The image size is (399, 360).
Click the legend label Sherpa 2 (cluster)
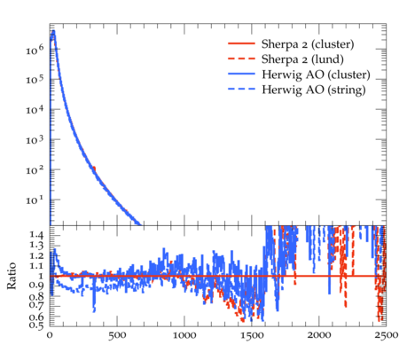click(308, 44)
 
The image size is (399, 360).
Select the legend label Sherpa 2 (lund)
click(302, 59)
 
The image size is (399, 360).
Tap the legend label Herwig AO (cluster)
click(316, 74)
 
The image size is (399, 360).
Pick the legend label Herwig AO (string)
click(314, 90)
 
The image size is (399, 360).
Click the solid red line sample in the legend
click(241, 43)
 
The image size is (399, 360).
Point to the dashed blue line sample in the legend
click(241, 89)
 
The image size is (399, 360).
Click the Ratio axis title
click(12, 276)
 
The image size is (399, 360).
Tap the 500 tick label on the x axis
click(117, 336)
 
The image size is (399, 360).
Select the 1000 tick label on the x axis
click(184, 336)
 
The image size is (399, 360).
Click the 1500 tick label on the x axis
click(252, 336)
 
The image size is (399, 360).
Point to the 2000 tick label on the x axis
click(319, 336)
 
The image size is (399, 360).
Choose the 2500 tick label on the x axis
click(386, 336)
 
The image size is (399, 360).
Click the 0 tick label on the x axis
click(50, 336)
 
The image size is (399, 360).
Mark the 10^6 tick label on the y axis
click(35, 50)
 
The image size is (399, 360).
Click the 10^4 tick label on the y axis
click(35, 110)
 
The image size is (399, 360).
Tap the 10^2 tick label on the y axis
click(35, 170)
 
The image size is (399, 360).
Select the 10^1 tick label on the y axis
click(35, 200)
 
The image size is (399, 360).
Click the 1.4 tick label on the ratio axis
click(36, 236)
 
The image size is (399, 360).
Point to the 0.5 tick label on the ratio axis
click(36, 325)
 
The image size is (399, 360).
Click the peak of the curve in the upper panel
click(53, 31)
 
